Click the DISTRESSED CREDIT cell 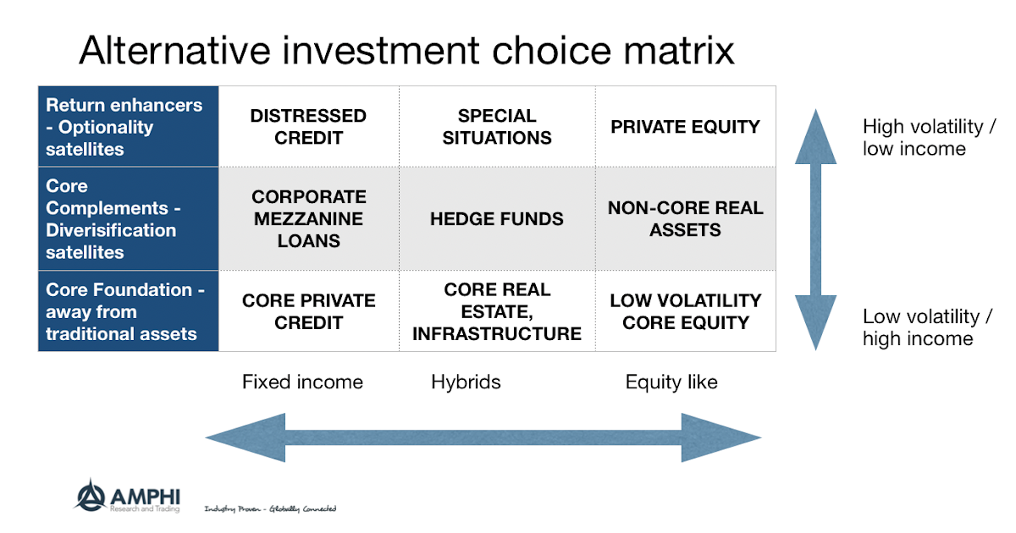tap(308, 127)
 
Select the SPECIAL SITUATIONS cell tap(497, 127)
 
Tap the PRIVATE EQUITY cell tap(685, 127)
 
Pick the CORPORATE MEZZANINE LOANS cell tap(308, 219)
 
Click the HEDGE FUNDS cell tap(497, 219)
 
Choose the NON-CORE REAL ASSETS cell tap(685, 219)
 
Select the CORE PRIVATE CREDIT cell tap(308, 311)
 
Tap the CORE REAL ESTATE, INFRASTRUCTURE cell tap(497, 311)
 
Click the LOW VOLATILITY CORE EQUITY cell tap(685, 311)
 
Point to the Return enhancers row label tap(124, 127)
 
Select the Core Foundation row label tap(124, 311)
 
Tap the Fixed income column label tap(302, 382)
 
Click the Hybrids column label tap(466, 382)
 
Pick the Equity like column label tap(671, 382)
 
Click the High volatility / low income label tap(929, 138)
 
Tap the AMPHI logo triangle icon tap(90, 496)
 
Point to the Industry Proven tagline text tap(270, 508)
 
